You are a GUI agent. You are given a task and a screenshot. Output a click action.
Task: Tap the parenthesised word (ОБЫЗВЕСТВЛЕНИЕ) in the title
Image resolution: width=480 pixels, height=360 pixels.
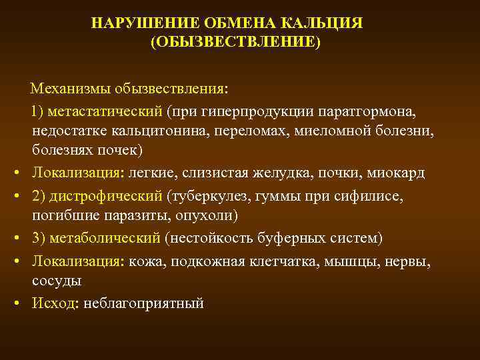coord(235,43)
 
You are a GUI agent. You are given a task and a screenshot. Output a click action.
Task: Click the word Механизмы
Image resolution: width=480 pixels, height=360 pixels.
coord(69,89)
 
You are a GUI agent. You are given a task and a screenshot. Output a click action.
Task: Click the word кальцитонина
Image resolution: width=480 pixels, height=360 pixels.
coord(156,130)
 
